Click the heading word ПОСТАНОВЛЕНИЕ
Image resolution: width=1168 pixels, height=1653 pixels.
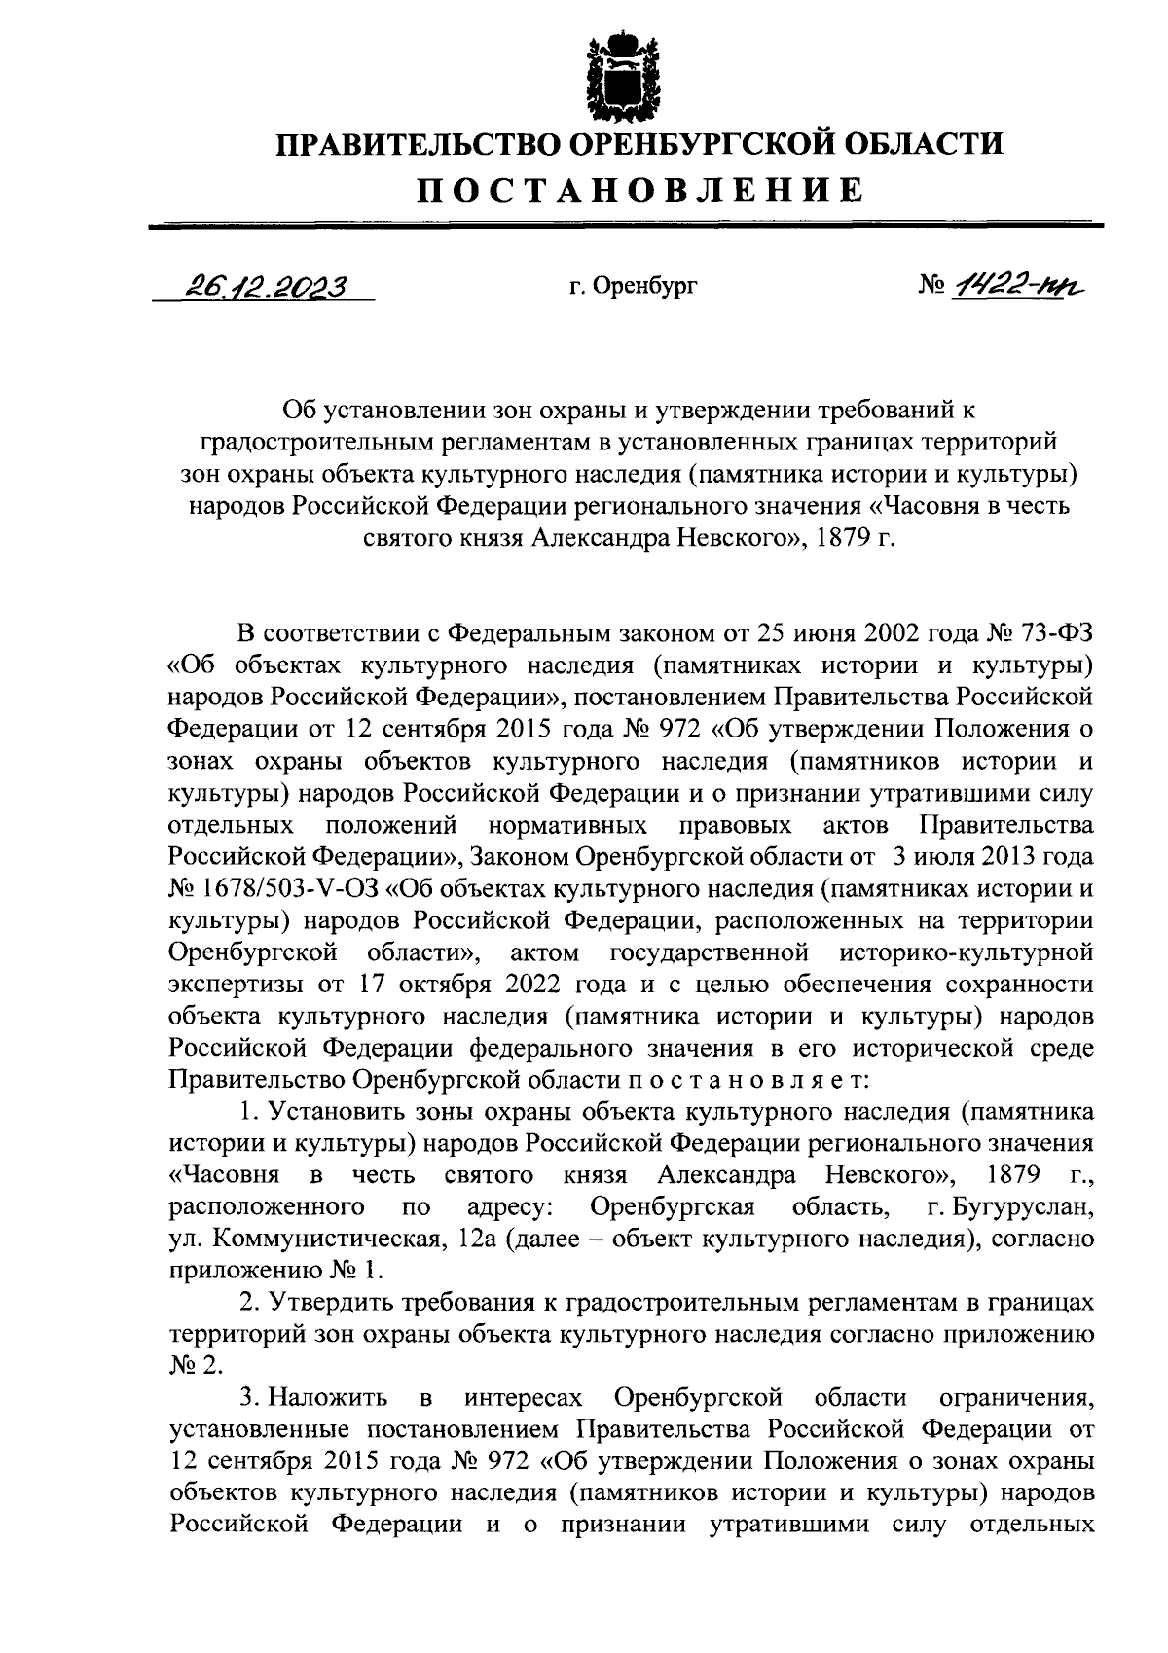click(x=639, y=190)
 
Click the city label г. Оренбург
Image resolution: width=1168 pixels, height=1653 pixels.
click(x=633, y=287)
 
